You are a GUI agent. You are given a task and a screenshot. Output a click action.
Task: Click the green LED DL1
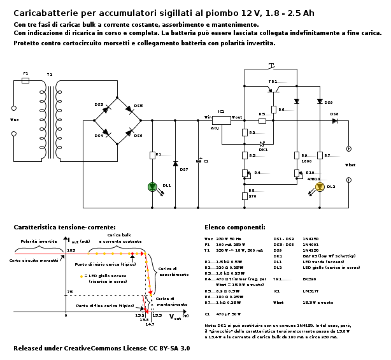pyautogui.click(x=152, y=187)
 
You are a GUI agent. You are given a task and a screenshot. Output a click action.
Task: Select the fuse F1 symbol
pyautogui.click(x=25, y=81)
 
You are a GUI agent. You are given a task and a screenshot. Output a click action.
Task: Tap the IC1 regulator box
pyautogui.click(x=221, y=120)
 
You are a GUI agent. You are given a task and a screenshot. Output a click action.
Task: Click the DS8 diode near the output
pyautogui.click(x=334, y=120)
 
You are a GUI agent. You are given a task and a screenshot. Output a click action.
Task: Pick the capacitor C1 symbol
pyautogui.click(x=198, y=161)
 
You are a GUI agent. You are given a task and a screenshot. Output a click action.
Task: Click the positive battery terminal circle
pyautogui.click(x=348, y=149)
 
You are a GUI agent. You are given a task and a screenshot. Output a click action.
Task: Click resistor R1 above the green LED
pyautogui.click(x=152, y=155)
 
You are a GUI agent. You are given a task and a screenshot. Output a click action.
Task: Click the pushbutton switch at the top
pyautogui.click(x=271, y=66)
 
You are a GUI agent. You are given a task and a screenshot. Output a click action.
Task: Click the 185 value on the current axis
pyautogui.click(x=71, y=250)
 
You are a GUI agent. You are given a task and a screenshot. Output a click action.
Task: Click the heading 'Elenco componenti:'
pyautogui.click(x=234, y=227)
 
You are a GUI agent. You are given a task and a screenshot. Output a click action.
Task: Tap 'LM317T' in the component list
pyautogui.click(x=310, y=291)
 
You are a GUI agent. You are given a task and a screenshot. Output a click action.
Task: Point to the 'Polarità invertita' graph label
pyautogui.click(x=38, y=242)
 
